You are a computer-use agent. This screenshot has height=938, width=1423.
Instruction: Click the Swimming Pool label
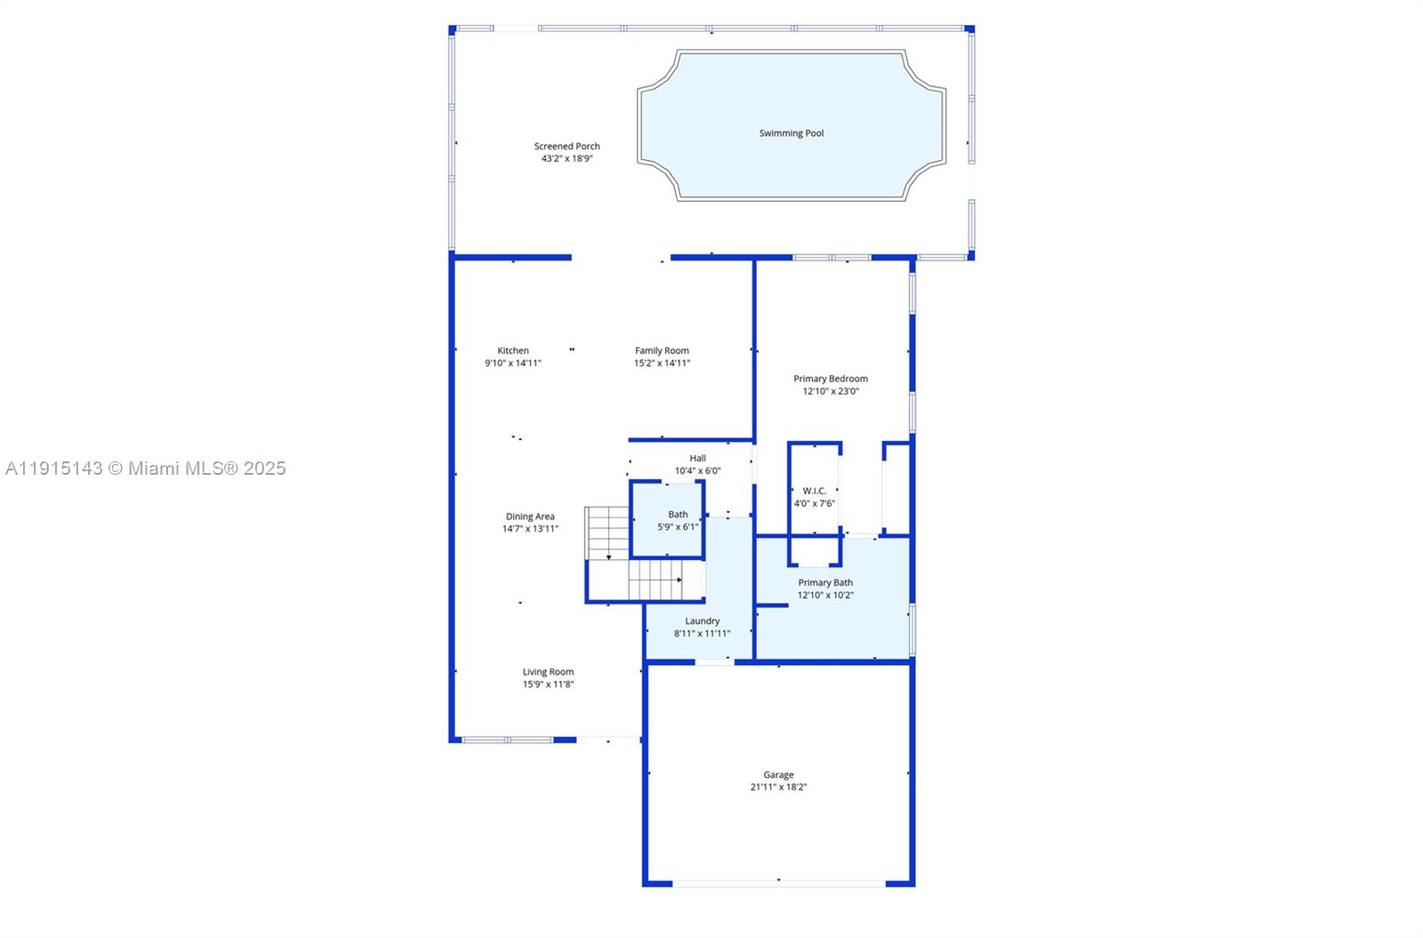(791, 133)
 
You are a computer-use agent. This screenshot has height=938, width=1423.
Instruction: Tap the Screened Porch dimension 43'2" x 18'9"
(567, 159)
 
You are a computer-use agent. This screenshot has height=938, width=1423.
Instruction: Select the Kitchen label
(512, 350)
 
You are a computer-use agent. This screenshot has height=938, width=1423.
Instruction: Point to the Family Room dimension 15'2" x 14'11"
(662, 364)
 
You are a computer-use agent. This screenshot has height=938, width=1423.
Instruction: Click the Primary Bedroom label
(831, 379)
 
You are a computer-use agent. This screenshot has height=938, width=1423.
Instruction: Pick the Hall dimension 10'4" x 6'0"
(697, 471)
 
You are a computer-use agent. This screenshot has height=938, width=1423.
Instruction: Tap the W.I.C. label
(815, 491)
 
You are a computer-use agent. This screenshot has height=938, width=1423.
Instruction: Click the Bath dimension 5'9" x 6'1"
(678, 527)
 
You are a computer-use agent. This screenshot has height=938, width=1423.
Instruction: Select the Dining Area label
(530, 517)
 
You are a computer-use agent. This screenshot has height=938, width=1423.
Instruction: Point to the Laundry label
(702, 621)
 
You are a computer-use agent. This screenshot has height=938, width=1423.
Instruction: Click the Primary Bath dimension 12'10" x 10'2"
(825, 595)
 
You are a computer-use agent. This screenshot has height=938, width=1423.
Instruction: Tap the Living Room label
(548, 672)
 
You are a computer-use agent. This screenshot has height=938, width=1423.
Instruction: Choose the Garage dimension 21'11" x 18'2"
(778, 787)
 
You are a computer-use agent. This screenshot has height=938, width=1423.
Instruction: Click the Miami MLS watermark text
(146, 469)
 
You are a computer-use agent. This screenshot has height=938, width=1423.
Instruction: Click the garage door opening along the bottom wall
(779, 884)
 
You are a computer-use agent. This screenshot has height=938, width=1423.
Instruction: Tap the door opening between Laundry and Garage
(715, 662)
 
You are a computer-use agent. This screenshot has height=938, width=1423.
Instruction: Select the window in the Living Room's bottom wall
(508, 740)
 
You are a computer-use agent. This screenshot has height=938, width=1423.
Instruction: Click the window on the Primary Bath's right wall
(912, 629)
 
